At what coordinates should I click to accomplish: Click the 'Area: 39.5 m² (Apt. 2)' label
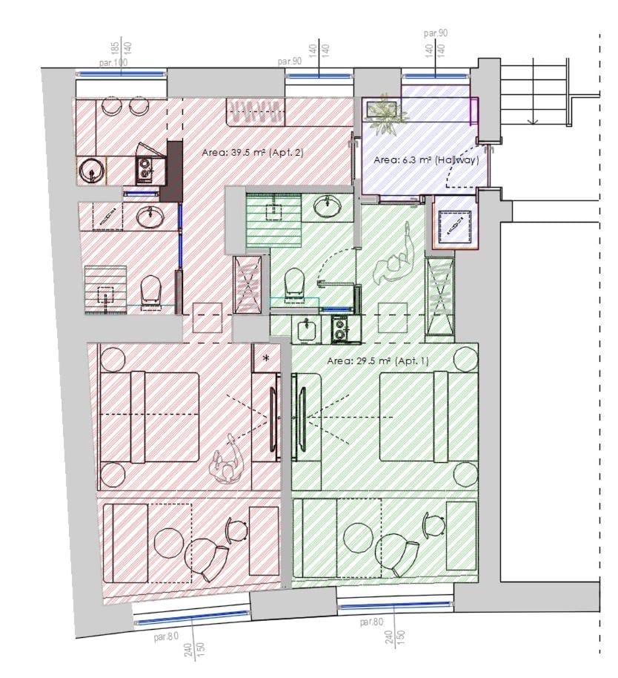point(253,153)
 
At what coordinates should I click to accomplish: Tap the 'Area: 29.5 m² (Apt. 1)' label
point(378,361)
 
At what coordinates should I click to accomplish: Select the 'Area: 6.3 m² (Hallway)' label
point(426,160)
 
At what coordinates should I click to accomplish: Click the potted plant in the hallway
point(385,113)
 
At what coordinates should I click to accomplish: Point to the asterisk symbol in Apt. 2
point(266,358)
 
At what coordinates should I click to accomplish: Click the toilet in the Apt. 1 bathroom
point(294,282)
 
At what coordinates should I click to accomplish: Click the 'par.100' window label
point(113,63)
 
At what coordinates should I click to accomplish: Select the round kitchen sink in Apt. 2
point(91,171)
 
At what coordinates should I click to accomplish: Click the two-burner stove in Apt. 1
point(342,329)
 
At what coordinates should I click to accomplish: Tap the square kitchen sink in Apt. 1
point(307,329)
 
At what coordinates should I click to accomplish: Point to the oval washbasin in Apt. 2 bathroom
point(150,216)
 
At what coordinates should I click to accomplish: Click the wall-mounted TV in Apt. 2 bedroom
point(273,419)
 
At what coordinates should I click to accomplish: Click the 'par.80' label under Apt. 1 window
point(371,622)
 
